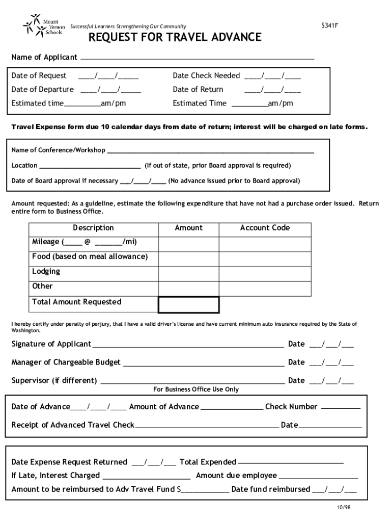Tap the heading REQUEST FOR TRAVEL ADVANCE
coord(175,38)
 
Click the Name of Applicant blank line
coord(197,59)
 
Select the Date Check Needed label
coord(206,76)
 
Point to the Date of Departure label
coord(43,90)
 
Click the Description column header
coord(93,228)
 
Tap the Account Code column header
coord(265,228)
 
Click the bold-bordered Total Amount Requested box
coord(188,305)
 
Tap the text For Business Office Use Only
coord(196,389)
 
